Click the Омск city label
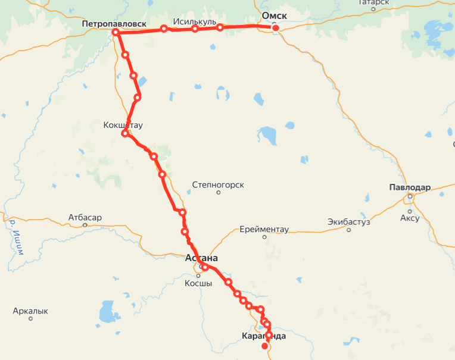[x=275, y=15]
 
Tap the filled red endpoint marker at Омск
[x=276, y=27]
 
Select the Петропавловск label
[x=114, y=24]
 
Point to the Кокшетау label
[x=123, y=124]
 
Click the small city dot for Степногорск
[x=219, y=193]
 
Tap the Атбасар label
[x=85, y=217]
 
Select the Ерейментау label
[x=264, y=228]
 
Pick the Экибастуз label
[x=348, y=222]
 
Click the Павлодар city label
[x=409, y=187]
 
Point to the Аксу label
[x=410, y=218]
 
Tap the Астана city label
[x=201, y=258]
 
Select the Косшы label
[x=199, y=283]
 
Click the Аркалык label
[x=30, y=311]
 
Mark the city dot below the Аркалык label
[x=30, y=319]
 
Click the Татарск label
[x=374, y=2]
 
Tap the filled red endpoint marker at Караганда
[x=266, y=346]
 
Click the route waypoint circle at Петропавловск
[x=116, y=33]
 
